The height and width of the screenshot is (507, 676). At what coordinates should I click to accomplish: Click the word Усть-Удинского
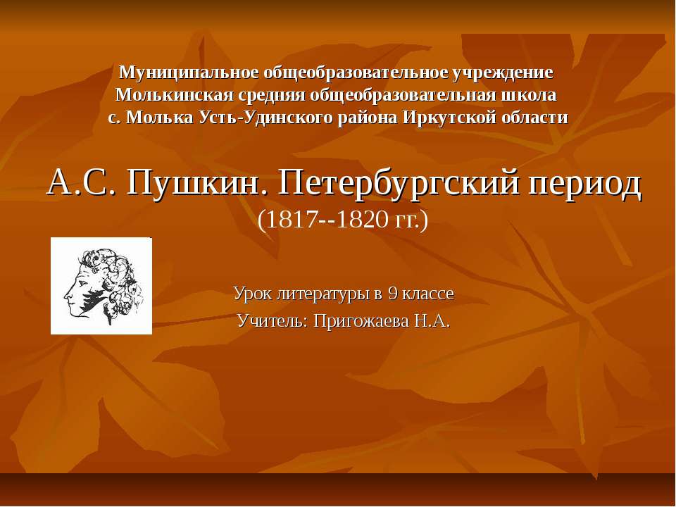pyautogui.click(x=299, y=118)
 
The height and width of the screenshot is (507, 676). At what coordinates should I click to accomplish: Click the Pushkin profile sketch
pyautogui.click(x=101, y=286)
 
